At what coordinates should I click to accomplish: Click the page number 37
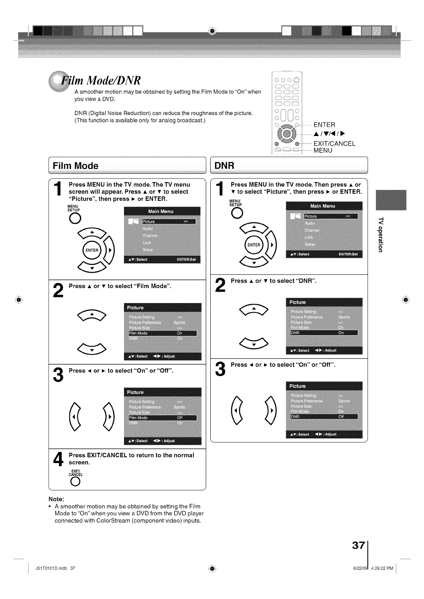click(x=358, y=545)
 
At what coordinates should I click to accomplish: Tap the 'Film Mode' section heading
click(x=76, y=166)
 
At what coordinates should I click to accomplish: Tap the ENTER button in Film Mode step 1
click(x=92, y=250)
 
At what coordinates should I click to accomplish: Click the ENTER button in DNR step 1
click(x=254, y=245)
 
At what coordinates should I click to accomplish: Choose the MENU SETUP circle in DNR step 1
click(x=237, y=213)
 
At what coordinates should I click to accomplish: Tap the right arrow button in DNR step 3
click(x=271, y=410)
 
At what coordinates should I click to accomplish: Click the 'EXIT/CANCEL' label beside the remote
click(x=334, y=144)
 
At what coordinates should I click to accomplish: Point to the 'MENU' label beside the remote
click(x=323, y=150)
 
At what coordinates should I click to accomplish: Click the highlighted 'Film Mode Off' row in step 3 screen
click(x=162, y=418)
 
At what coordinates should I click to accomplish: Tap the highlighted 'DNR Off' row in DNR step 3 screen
click(x=324, y=417)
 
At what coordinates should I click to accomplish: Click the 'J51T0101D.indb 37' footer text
click(x=55, y=568)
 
